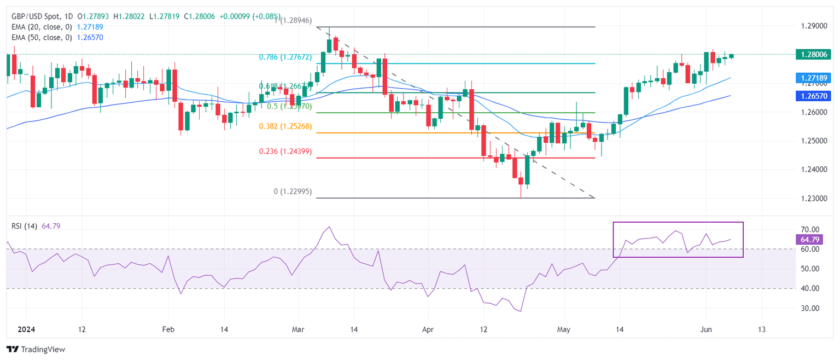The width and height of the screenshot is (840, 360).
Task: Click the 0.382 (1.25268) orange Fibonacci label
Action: tap(285, 126)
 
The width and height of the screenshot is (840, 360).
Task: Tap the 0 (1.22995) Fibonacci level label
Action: tap(293, 191)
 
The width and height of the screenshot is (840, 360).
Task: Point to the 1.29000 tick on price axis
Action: tap(812, 26)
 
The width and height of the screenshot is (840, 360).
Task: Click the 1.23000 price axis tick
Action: tap(812, 198)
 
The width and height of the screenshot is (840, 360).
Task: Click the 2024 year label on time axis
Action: tap(25, 330)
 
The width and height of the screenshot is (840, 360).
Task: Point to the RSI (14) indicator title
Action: tap(24, 226)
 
